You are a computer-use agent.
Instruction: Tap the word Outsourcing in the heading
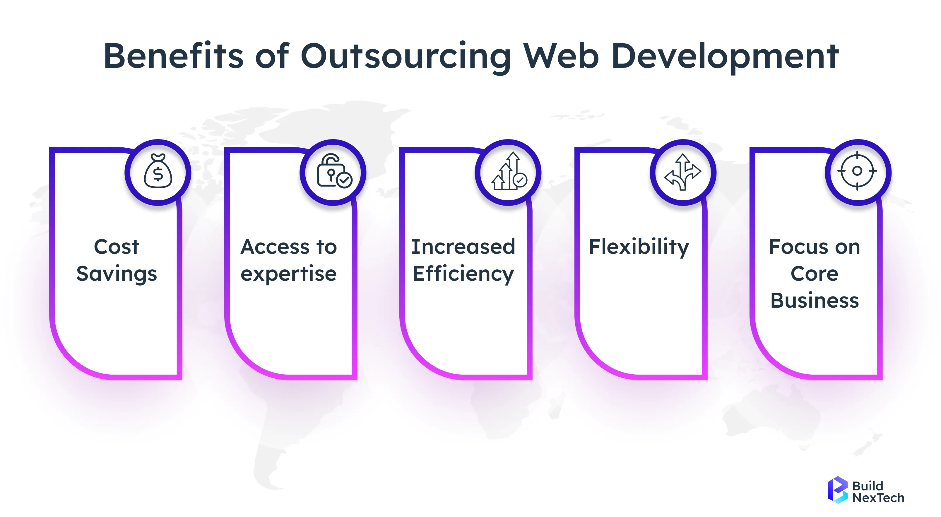(405, 56)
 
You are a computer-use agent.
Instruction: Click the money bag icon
(158, 171)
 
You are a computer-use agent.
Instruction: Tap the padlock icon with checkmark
(333, 171)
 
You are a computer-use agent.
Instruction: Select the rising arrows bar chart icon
(509, 171)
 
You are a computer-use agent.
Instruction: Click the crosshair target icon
(857, 171)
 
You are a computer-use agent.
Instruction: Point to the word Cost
(117, 247)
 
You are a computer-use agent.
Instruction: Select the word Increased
(463, 247)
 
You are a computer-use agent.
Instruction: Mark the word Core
(814, 274)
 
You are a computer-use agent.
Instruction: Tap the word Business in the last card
(814, 301)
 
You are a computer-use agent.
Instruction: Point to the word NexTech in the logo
(878, 498)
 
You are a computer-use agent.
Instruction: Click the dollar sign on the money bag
(158, 174)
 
